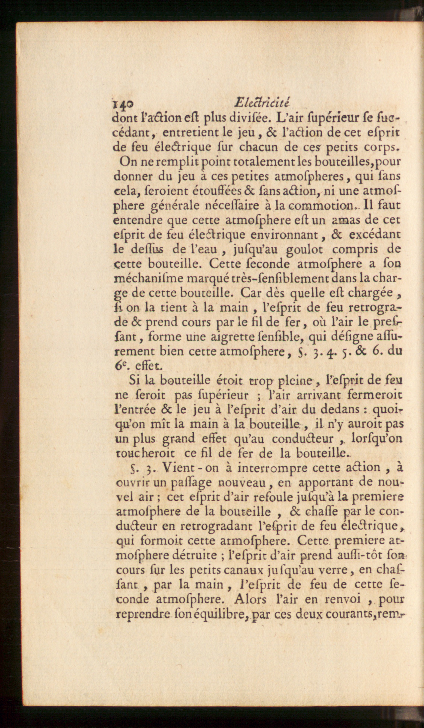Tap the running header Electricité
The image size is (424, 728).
(x=262, y=103)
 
